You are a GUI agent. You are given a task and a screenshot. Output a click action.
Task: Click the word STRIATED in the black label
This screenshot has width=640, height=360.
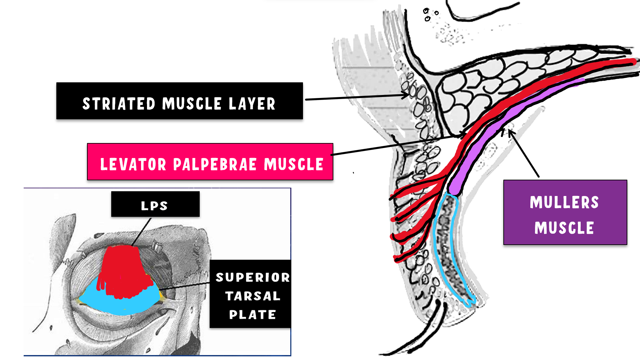click(119, 104)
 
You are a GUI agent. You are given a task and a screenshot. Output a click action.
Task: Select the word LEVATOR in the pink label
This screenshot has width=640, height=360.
click(133, 164)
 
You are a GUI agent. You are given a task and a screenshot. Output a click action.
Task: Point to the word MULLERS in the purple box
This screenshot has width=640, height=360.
click(564, 202)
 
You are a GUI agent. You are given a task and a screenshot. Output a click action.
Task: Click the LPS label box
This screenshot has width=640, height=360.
click(155, 204)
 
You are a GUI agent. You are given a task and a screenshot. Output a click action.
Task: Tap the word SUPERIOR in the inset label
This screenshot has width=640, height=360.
click(252, 277)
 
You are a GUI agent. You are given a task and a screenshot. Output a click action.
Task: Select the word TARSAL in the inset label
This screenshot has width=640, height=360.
click(252, 296)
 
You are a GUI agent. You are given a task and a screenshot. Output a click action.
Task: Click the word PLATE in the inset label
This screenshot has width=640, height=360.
click(252, 315)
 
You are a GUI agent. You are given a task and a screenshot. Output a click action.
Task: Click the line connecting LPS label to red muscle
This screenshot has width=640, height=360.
click(142, 232)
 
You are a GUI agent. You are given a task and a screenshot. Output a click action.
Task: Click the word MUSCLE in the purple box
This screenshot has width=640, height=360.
click(564, 228)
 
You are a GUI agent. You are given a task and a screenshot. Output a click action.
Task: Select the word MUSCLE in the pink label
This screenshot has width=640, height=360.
click(293, 164)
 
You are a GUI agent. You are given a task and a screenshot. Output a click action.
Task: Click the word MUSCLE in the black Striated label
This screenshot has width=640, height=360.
click(192, 104)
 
